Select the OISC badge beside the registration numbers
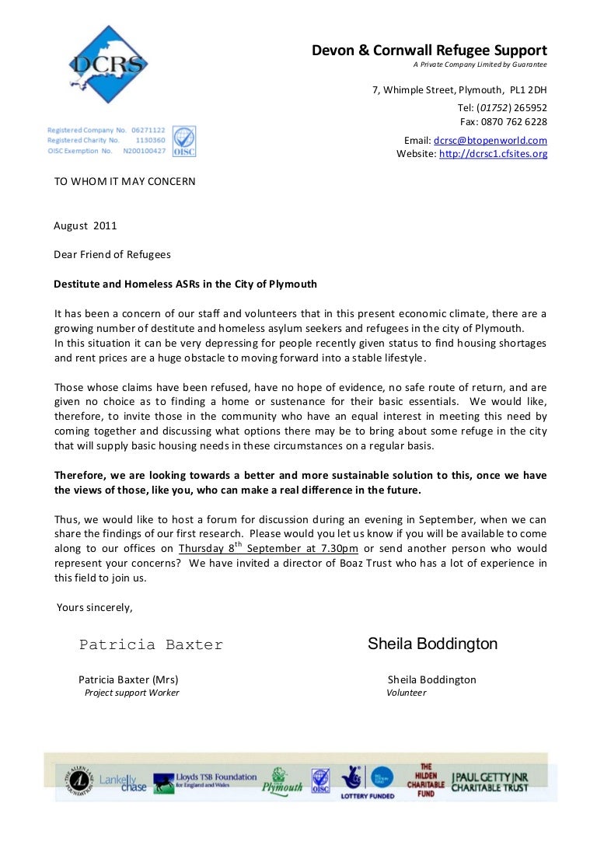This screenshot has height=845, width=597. (183, 141)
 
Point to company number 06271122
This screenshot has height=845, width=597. (146, 129)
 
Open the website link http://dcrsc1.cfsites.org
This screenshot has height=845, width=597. (493, 154)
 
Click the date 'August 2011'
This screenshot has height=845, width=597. (85, 226)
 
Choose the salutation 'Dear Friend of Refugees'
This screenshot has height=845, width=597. (112, 254)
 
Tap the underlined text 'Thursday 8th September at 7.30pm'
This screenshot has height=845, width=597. (268, 549)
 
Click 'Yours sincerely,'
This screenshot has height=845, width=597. (95, 607)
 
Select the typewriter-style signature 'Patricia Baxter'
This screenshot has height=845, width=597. (151, 645)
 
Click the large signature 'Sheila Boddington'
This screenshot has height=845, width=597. (432, 644)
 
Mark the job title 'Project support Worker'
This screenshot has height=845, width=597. (131, 693)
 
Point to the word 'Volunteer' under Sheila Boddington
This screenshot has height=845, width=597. (407, 693)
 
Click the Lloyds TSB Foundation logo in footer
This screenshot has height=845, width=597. (205, 780)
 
